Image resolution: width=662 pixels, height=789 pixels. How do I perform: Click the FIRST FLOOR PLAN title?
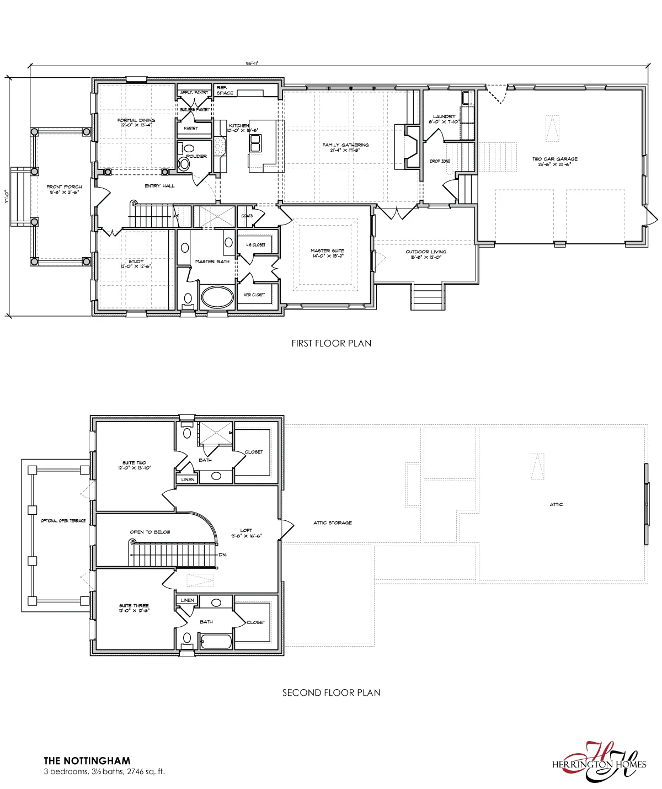click(x=331, y=343)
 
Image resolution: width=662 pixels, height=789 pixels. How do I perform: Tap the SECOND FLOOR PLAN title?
click(x=331, y=692)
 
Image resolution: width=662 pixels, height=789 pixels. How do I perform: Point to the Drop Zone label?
click(x=440, y=161)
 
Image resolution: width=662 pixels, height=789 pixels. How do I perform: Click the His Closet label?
click(x=255, y=244)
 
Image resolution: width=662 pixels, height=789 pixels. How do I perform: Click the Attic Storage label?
click(x=333, y=523)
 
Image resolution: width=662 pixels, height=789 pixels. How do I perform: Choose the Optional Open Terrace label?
click(x=63, y=521)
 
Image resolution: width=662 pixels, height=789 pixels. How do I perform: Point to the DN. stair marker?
click(x=223, y=555)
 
